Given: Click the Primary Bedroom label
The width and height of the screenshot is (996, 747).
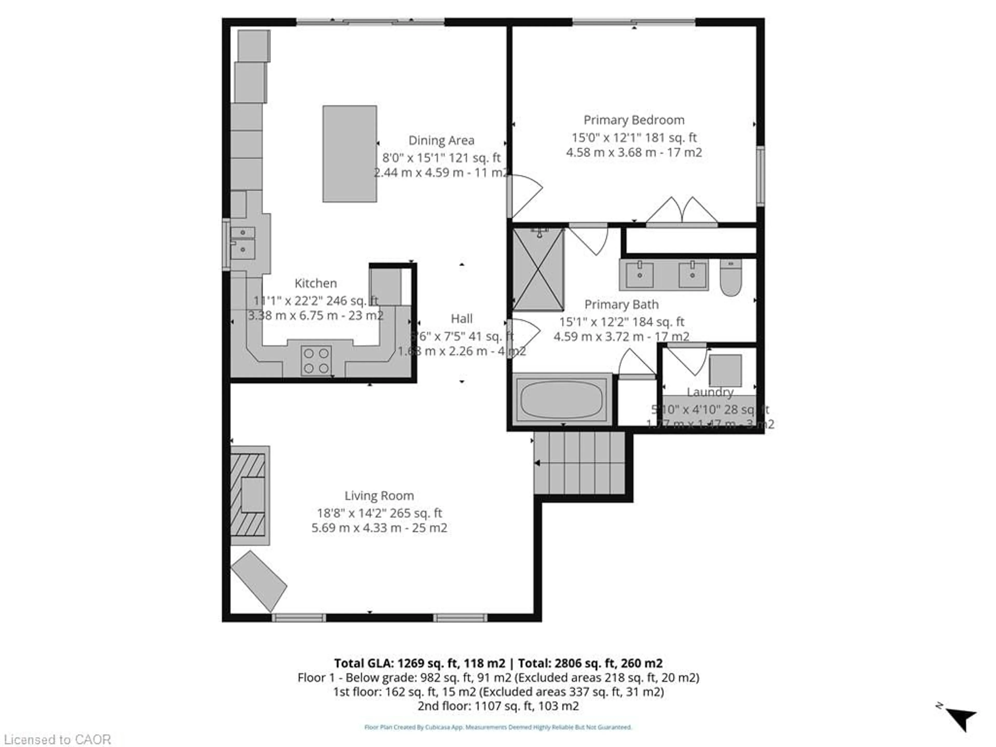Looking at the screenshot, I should point(634,120).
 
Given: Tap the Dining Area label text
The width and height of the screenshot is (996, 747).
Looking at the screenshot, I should point(441,141).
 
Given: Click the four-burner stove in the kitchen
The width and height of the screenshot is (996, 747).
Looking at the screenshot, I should point(316,361).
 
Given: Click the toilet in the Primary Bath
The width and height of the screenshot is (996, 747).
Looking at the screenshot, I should point(730,277).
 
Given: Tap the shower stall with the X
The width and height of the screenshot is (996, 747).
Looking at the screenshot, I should point(538,269).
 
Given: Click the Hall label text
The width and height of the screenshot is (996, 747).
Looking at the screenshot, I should point(461,319).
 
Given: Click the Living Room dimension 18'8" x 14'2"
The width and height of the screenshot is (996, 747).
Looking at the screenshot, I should point(379,513).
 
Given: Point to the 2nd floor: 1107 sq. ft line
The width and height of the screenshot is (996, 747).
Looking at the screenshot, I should point(498,706).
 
